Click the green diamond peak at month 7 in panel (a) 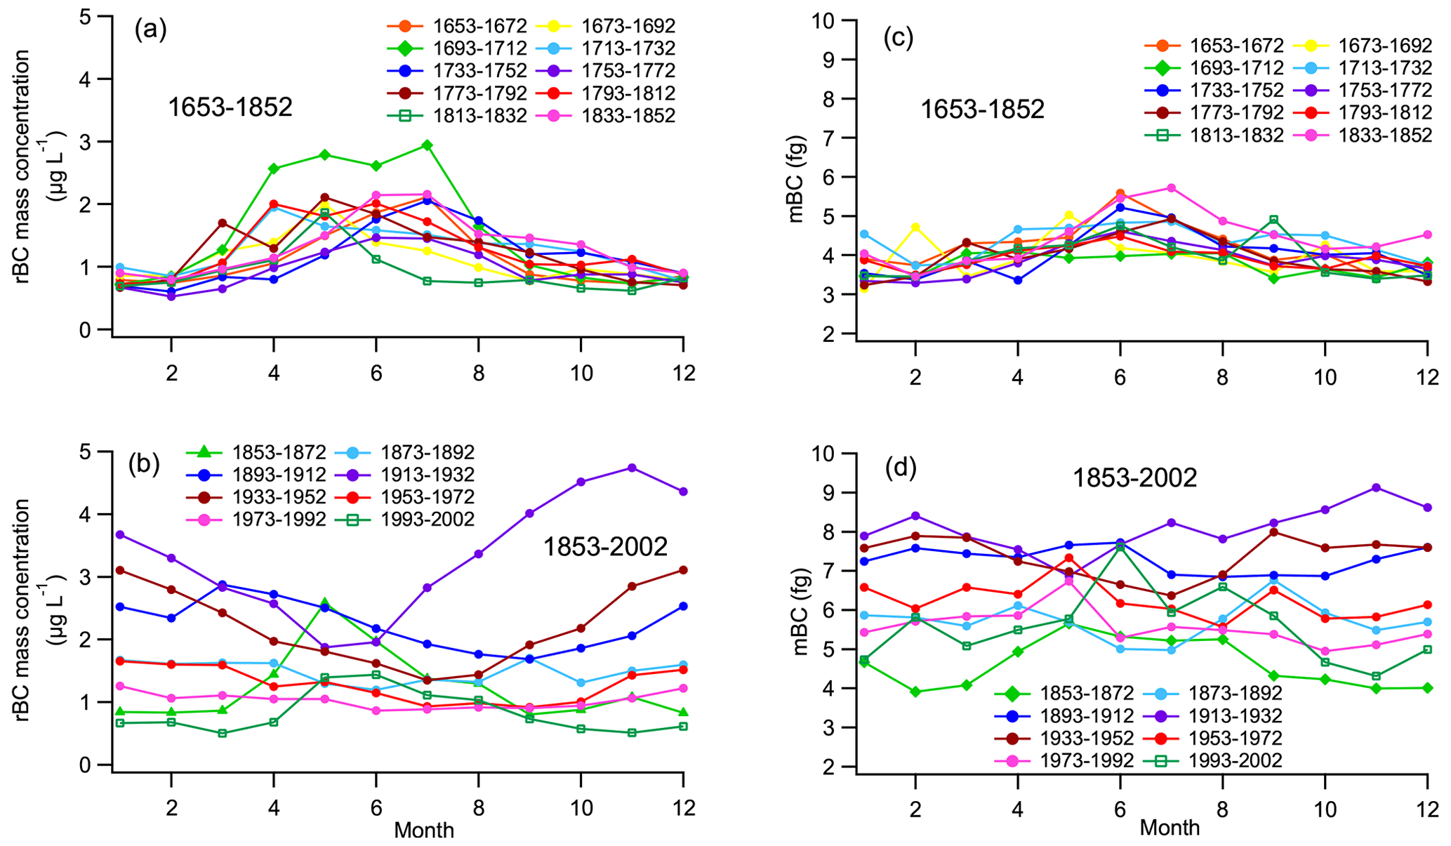pos(427,145)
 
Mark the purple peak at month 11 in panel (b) pos(632,468)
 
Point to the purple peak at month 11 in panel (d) pos(1377,487)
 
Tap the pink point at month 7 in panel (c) pos(1171,188)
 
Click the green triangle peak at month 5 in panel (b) pos(325,603)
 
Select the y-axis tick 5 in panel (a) pos(85,17)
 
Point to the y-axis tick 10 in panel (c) pos(828,21)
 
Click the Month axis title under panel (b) pos(424,831)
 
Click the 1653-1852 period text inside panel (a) pos(230,107)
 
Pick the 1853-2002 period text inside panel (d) pos(1134,478)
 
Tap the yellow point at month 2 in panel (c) pos(915,227)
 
